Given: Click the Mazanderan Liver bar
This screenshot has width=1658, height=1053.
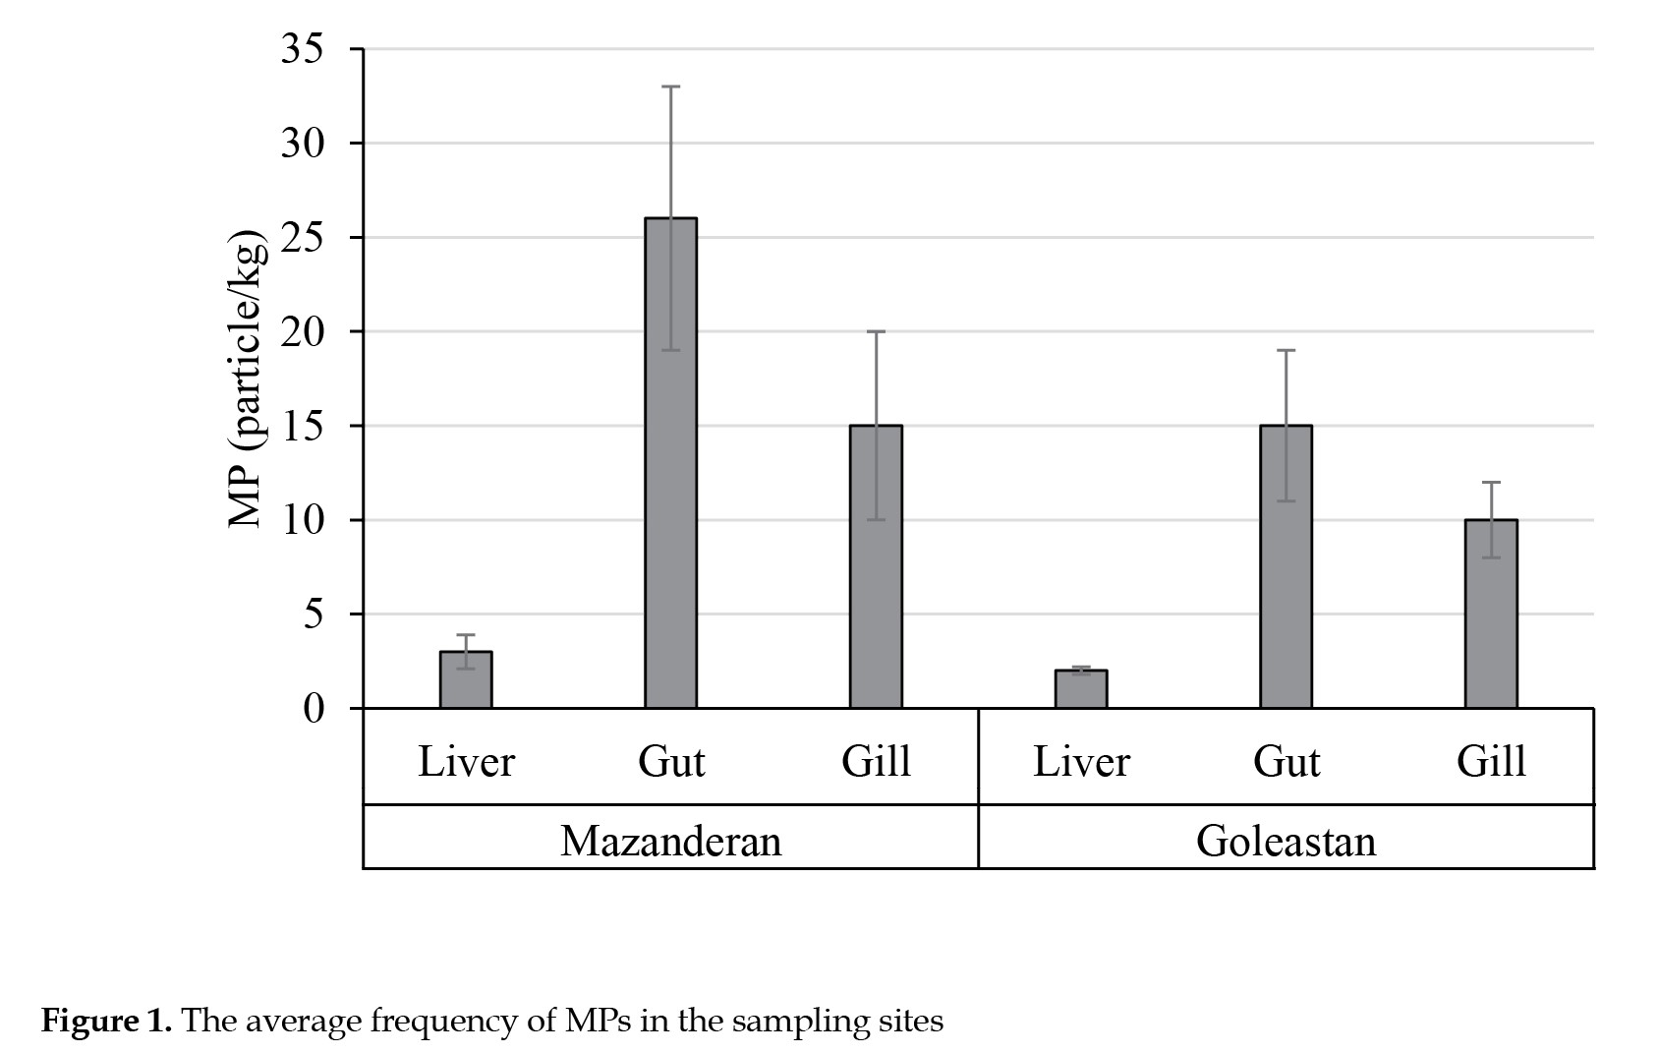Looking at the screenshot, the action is coord(466,679).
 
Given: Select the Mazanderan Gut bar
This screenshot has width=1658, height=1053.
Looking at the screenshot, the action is coord(670,463).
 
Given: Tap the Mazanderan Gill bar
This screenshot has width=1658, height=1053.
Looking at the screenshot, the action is coord(876,566).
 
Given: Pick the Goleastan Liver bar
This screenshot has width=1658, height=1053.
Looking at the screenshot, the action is coord(1081,689).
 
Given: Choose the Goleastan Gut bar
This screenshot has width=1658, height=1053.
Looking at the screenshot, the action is coord(1286,566).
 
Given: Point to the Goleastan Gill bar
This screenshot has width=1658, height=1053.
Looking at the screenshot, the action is coord(1491,614).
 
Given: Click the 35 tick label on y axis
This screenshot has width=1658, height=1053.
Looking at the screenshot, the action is coord(303,49).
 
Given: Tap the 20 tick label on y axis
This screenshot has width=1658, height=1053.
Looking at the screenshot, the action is coord(303,331).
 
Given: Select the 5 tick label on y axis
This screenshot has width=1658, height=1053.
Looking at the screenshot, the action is coord(314,614).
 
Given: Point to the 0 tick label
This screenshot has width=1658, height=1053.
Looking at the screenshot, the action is coord(314,709).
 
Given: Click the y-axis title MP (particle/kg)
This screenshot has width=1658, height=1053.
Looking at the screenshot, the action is coord(246,379).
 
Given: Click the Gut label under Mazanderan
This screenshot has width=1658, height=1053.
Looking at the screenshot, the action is coord(671,761).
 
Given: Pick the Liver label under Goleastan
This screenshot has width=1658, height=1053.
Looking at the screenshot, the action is coord(1081,761).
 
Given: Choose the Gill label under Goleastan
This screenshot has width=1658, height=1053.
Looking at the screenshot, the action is coord(1492,761).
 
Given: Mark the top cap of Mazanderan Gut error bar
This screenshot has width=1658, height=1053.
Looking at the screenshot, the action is coord(670,87).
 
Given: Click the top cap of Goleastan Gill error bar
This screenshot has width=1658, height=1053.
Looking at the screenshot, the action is coord(1491,482).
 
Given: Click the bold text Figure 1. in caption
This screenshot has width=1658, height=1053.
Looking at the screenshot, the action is coord(106,1021).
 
